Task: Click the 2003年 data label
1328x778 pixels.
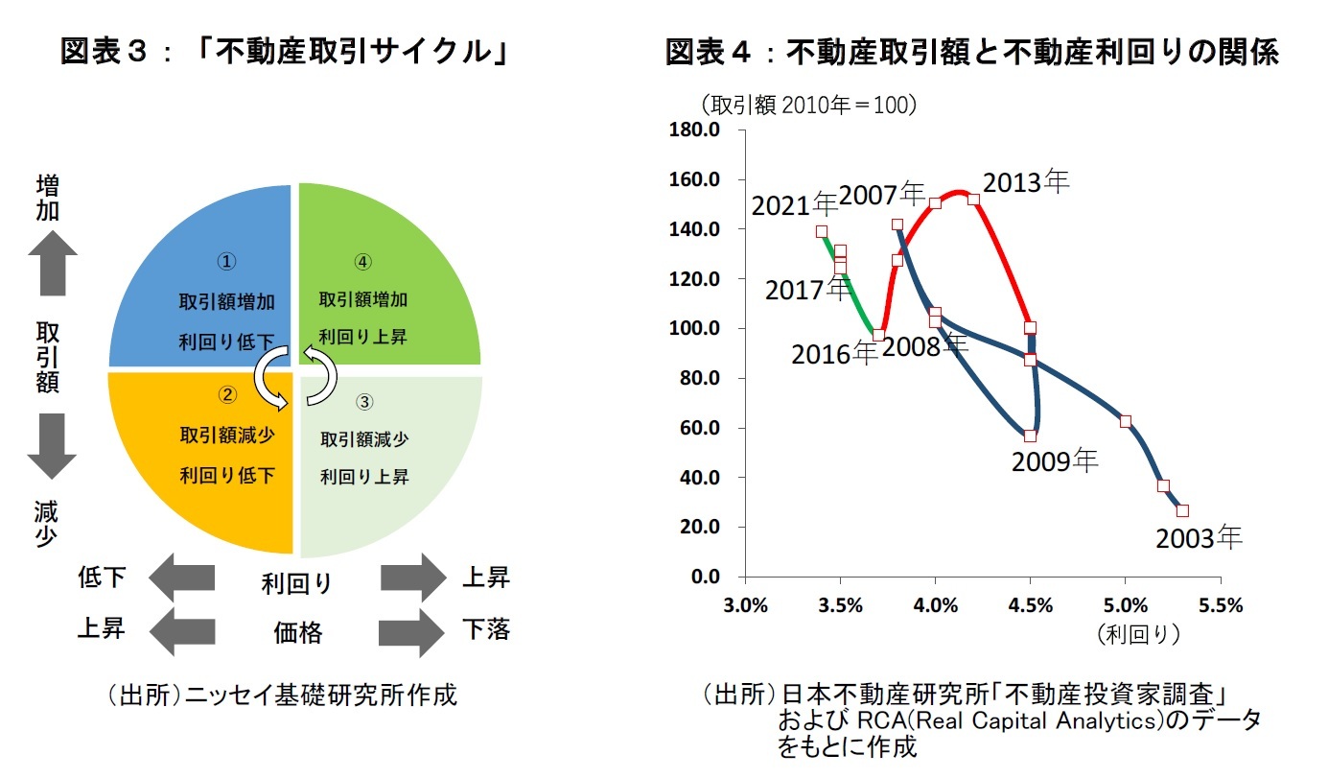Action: click(1199, 538)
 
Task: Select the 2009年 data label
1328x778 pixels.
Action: click(1055, 461)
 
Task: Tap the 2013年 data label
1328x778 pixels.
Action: click(1026, 182)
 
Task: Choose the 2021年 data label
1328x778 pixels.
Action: click(795, 204)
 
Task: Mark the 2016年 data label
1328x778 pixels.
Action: click(834, 354)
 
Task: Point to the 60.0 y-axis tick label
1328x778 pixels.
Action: click(702, 428)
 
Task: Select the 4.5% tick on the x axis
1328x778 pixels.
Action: click(1031, 605)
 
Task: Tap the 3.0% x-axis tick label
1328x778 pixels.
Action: click(745, 605)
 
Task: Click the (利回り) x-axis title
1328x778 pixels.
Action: click(1139, 634)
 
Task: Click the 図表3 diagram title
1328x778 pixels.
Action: click(284, 52)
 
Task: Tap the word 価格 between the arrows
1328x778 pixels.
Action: click(297, 632)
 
